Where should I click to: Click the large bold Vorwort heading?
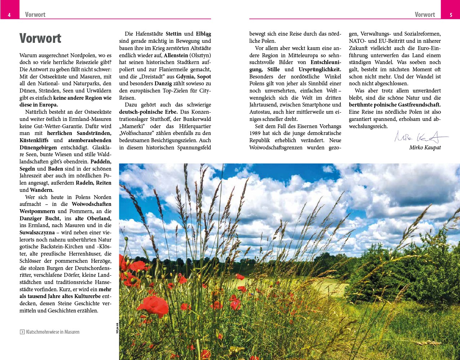click(40, 38)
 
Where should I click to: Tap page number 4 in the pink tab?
click(9, 15)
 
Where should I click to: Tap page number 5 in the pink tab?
click(451, 15)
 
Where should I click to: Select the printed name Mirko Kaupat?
click(425, 148)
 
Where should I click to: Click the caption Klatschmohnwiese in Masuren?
click(53, 332)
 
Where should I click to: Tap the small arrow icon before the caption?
click(22, 332)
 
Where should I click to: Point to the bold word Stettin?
click(173, 34)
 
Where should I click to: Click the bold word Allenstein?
click(176, 55)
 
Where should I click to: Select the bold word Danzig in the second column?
click(163, 84)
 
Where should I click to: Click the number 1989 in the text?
click(255, 133)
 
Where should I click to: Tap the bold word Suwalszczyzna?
click(37, 233)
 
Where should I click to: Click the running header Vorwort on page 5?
click(425, 15)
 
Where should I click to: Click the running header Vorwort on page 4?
click(35, 15)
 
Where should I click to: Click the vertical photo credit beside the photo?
click(117, 328)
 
